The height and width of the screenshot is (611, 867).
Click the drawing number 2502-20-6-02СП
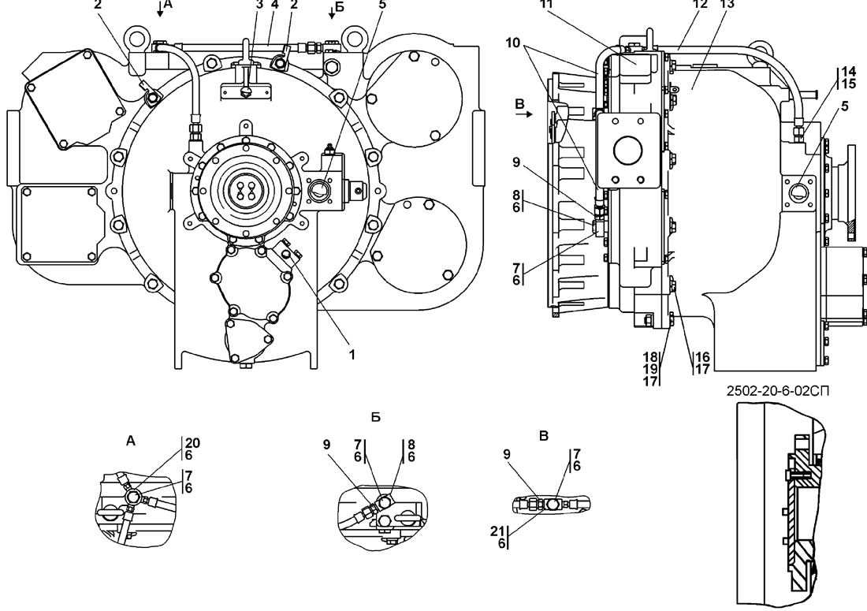tap(778, 391)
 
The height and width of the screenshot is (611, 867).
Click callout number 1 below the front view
tap(352, 355)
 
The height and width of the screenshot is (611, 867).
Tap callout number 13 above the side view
tap(727, 5)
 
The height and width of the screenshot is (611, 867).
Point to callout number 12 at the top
tap(700, 5)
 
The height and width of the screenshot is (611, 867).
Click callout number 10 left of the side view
tap(512, 43)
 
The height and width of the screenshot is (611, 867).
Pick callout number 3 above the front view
tap(259, 5)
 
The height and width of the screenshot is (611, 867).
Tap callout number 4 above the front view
tap(275, 5)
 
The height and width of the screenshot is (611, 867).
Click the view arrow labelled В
tap(524, 114)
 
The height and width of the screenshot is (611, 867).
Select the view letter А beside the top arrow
tap(169, 5)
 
